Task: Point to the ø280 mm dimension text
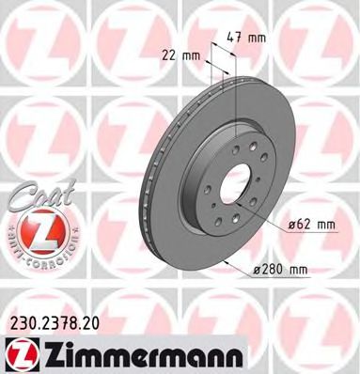pyautogui.click(x=283, y=271)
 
